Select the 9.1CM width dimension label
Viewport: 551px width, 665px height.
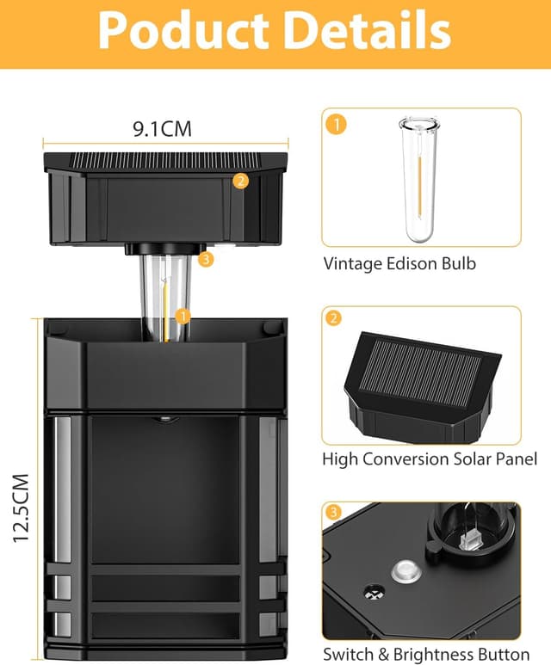pos(162,129)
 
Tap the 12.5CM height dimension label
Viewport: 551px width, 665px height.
pos(22,508)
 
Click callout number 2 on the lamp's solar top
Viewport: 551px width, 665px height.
pos(240,181)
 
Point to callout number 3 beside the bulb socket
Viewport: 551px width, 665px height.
pos(205,258)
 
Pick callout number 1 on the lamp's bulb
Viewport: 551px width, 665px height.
pos(182,317)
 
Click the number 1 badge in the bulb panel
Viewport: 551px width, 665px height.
pos(337,125)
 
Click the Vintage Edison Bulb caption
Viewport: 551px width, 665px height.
pos(399,263)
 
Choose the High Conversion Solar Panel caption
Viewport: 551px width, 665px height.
pos(430,459)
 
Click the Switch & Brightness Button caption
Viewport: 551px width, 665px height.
pos(426,655)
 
